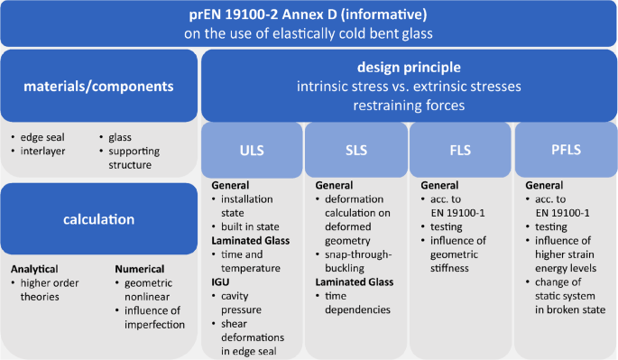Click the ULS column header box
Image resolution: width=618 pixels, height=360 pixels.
point(252,149)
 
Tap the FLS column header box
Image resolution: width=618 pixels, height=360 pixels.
point(460,149)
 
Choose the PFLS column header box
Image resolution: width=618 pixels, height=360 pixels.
point(564,149)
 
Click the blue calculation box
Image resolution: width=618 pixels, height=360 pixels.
point(99,219)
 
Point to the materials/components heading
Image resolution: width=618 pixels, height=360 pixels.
point(99,87)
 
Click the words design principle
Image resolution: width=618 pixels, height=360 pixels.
point(410,68)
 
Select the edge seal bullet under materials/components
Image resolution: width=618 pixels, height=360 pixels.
point(43,138)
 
